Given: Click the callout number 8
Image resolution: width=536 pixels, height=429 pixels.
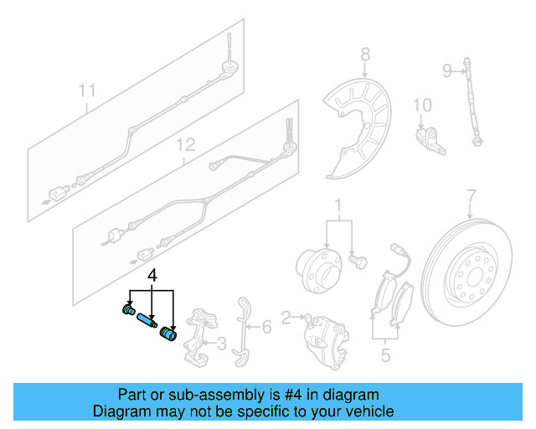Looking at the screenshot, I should (x=364, y=56).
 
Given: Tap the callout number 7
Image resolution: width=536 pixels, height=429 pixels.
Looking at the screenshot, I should (x=471, y=196).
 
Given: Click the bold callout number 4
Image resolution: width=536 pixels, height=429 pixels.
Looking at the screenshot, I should (x=152, y=275).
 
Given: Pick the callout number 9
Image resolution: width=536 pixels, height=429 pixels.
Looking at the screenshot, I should (x=447, y=70).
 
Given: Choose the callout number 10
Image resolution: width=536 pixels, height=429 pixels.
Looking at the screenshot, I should (x=422, y=105).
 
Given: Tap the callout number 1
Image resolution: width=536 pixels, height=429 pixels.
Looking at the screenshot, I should (x=338, y=204).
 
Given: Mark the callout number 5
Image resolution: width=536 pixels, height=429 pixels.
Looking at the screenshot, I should (x=385, y=356).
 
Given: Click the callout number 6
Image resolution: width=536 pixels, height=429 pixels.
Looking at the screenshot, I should (x=265, y=326).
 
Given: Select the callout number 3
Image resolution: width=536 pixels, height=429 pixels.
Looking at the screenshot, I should (x=222, y=342).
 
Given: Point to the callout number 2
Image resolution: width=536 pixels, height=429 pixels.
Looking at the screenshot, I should (x=286, y=318).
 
